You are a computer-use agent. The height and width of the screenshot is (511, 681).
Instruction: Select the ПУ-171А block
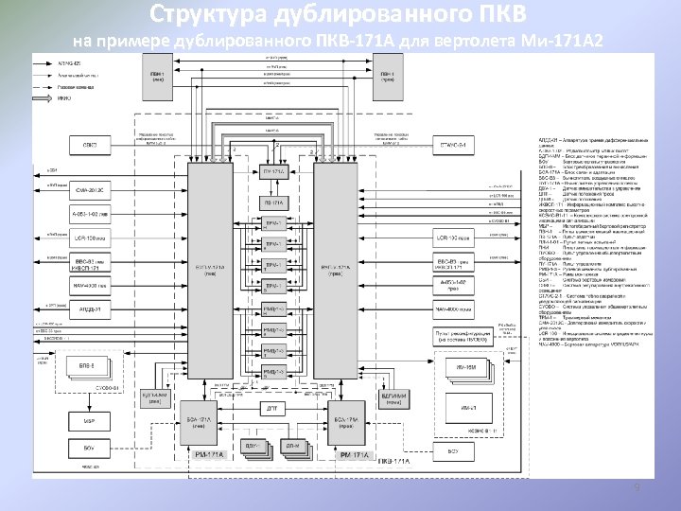pos(274,171)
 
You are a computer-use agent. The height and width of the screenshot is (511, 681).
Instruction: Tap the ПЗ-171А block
pos(274,203)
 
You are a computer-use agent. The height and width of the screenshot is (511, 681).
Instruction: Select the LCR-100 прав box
pos(452,236)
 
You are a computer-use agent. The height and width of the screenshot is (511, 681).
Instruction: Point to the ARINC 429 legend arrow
pos(45,62)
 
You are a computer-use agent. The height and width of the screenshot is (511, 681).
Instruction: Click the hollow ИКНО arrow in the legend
pos(45,97)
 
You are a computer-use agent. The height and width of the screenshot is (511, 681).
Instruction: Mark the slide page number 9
pos(637,487)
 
